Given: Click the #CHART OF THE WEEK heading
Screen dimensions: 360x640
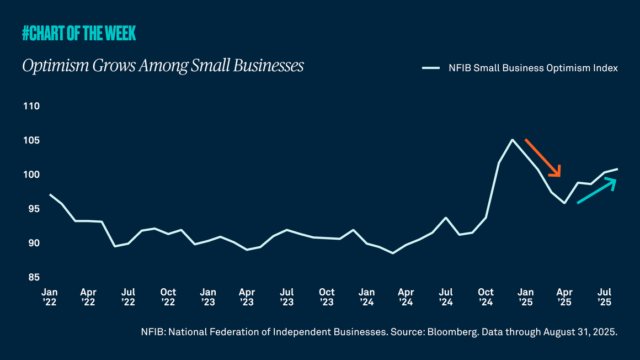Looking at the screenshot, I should pos(79,34).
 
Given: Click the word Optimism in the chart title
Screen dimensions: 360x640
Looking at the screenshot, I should pos(49,66).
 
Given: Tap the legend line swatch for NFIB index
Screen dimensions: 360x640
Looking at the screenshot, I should pos(430,68).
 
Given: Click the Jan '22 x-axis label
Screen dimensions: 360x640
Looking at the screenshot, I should pos(49,297).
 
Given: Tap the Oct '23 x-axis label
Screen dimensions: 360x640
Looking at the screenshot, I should pos(327,297).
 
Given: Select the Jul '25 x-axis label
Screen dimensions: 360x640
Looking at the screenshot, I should pos(605,297).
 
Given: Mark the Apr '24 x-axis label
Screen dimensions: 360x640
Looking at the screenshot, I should pos(406,297).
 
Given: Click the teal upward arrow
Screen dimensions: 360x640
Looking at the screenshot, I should pos(596,190).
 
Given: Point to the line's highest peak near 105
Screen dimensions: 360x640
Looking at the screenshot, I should pos(513,140).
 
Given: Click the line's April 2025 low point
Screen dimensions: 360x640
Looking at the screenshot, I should pos(564,203).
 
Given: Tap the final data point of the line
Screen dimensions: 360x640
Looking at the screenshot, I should pos(617,169).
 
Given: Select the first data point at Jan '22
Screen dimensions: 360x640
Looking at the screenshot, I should pos(50,194).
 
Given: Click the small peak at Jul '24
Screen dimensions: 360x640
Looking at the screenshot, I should pos(446,218).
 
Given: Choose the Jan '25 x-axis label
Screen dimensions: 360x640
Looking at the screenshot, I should pos(526,297).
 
